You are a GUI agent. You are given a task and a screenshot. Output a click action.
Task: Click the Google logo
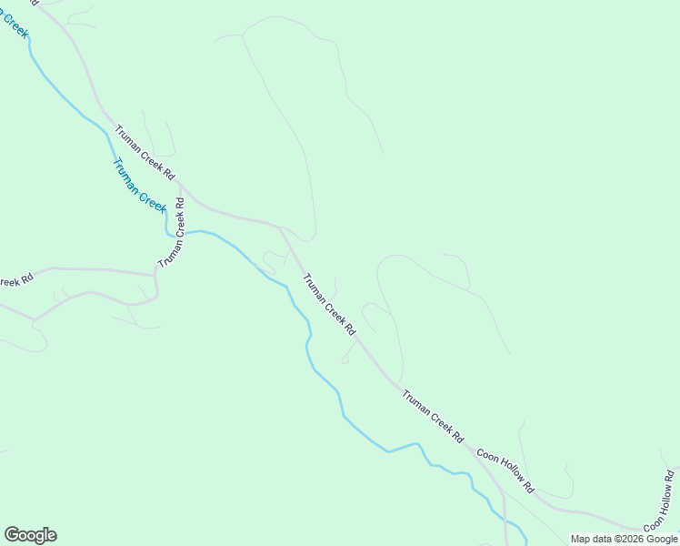(x=31, y=535)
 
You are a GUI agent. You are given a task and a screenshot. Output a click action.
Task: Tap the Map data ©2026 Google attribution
(x=624, y=539)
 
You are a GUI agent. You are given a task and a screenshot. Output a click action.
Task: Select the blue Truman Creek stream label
(x=139, y=186)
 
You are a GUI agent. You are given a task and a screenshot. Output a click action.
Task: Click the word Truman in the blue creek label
(x=127, y=175)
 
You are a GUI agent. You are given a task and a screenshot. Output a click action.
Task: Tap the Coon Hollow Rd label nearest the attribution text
(x=659, y=500)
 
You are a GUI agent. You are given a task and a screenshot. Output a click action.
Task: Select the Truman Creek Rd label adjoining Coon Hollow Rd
(x=434, y=417)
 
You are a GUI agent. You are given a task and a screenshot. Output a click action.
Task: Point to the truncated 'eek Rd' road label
(x=15, y=281)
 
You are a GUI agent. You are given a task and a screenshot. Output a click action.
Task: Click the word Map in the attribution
(x=582, y=539)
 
